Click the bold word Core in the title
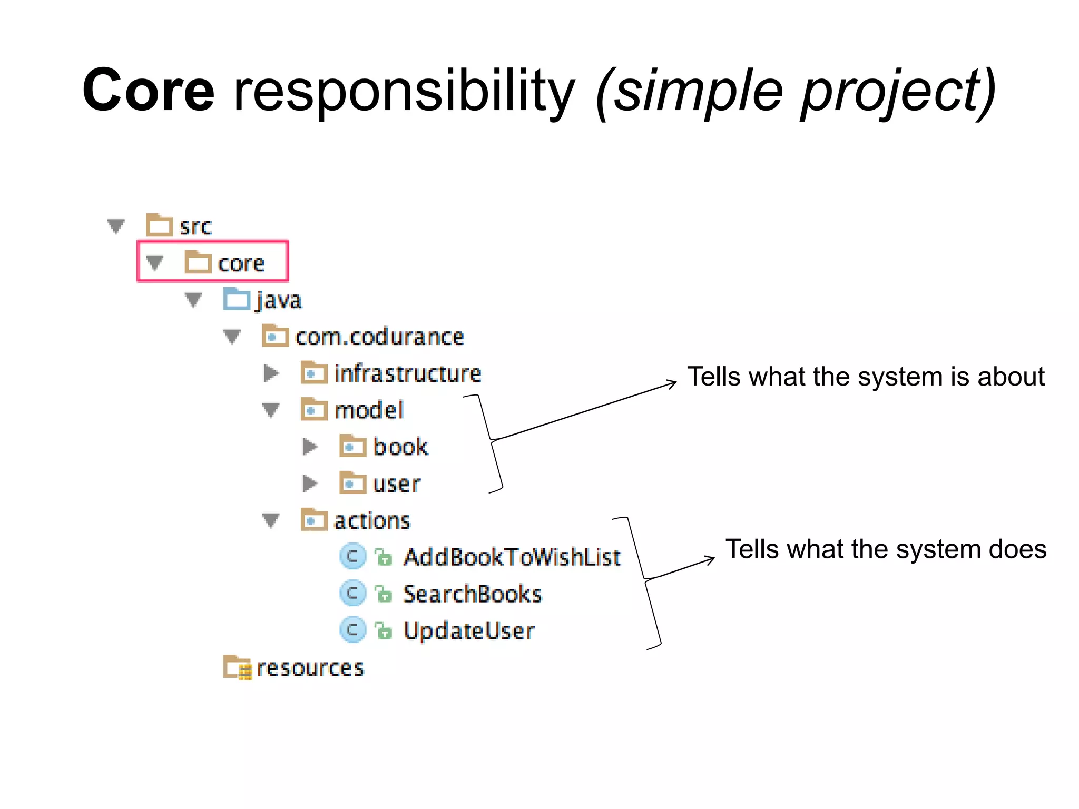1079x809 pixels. (149, 91)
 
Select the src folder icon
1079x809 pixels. (159, 225)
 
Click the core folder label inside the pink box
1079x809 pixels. (241, 263)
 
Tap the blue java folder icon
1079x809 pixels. (237, 299)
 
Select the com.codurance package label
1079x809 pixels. (379, 337)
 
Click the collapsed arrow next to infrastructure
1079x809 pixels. (271, 373)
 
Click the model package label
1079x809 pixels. (369, 410)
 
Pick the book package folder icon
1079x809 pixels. (352, 447)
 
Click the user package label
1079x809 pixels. (396, 484)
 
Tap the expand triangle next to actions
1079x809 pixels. (271, 520)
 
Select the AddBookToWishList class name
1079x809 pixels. (512, 557)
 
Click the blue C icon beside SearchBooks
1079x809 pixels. (352, 593)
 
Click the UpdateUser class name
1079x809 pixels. (469, 630)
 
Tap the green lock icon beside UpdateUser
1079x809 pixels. (384, 630)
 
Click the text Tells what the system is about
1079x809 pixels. (866, 377)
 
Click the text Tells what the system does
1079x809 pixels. (886, 549)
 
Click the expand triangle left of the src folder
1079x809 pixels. (116, 226)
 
